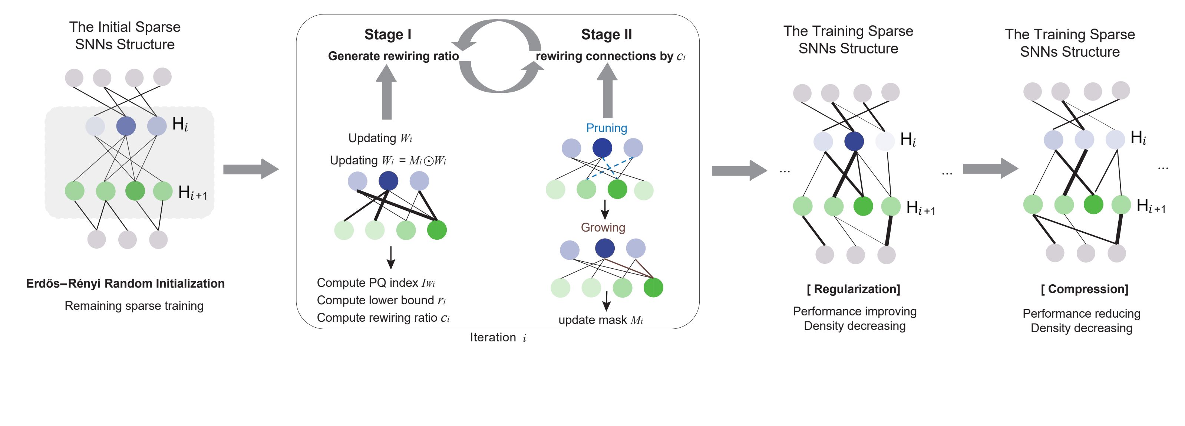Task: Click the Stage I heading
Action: [x=388, y=35]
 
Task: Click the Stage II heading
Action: [x=606, y=35]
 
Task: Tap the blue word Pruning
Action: [x=606, y=128]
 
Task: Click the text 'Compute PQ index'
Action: [x=367, y=283]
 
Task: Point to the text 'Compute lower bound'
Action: [x=375, y=300]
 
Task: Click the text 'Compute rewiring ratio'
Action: [x=377, y=318]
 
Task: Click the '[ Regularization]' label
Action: [x=853, y=289]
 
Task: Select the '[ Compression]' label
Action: [x=1084, y=289]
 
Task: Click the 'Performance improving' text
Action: [x=855, y=311]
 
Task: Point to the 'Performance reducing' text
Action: [x=1082, y=314]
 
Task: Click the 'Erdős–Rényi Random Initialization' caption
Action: [x=125, y=283]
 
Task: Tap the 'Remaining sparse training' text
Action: [x=134, y=306]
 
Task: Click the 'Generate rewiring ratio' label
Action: [x=393, y=56]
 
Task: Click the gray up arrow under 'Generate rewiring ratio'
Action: [x=386, y=92]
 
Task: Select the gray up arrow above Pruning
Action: [x=607, y=90]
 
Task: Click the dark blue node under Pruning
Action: [x=602, y=148]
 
